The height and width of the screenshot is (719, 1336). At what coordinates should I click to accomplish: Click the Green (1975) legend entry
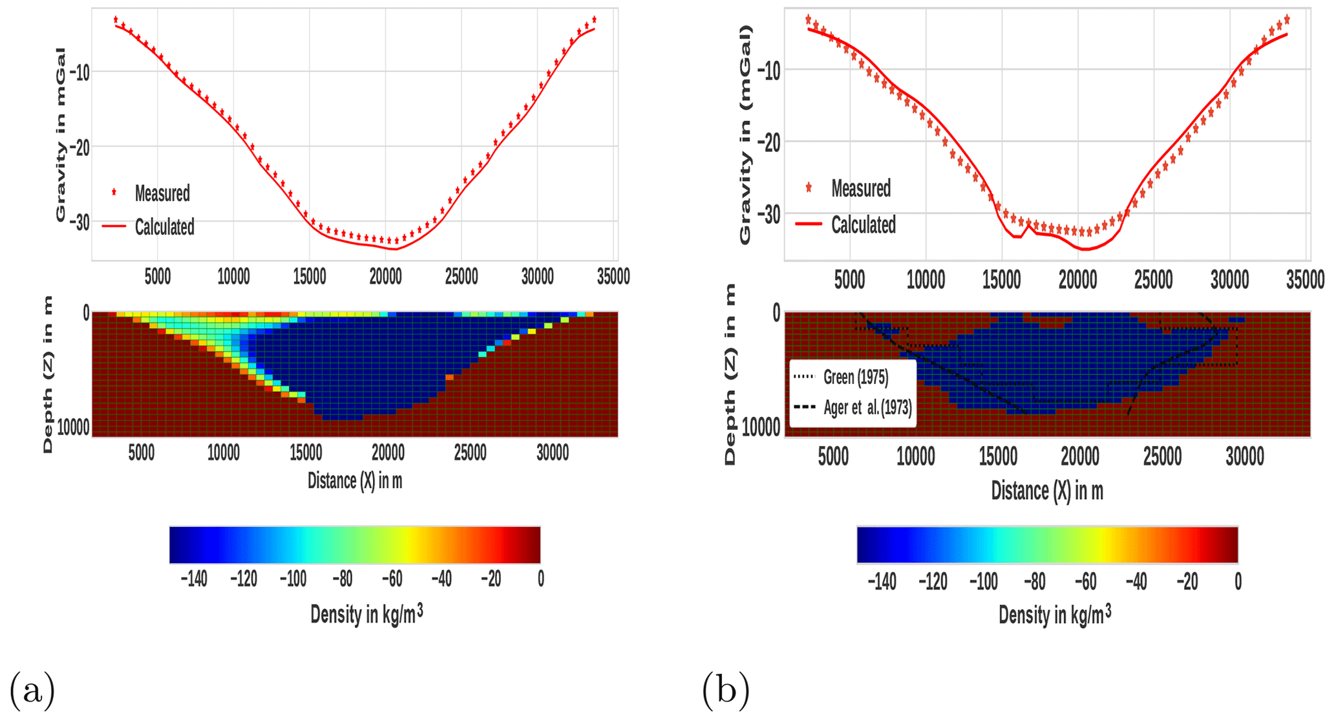855,377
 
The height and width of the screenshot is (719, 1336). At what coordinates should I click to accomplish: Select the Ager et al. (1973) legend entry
867,407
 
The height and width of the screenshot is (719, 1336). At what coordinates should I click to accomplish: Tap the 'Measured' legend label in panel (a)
162,193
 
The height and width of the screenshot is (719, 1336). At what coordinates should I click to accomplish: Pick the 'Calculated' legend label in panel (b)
863,225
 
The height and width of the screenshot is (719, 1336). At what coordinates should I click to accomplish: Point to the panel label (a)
32,690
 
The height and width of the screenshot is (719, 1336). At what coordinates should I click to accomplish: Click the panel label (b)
725,690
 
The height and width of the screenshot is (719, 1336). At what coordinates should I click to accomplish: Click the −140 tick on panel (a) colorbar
193,579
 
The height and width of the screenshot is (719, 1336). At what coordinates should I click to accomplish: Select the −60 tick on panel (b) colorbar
1085,582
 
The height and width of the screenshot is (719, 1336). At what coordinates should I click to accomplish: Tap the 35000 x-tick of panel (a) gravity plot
613,277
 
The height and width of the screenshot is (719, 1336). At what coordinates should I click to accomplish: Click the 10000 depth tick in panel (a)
72,427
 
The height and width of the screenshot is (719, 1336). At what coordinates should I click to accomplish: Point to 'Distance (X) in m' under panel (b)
1046,491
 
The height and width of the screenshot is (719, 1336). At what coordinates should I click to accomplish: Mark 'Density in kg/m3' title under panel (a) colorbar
366,614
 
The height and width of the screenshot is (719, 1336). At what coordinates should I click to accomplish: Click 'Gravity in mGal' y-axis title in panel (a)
61,134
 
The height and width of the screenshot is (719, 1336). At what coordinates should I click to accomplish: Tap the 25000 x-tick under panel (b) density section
1162,457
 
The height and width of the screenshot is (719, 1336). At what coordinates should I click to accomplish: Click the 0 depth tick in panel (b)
776,313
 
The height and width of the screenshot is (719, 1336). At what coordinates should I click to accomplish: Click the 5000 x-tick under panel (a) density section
141,453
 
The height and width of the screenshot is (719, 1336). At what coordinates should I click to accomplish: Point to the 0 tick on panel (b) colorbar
1237,582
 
